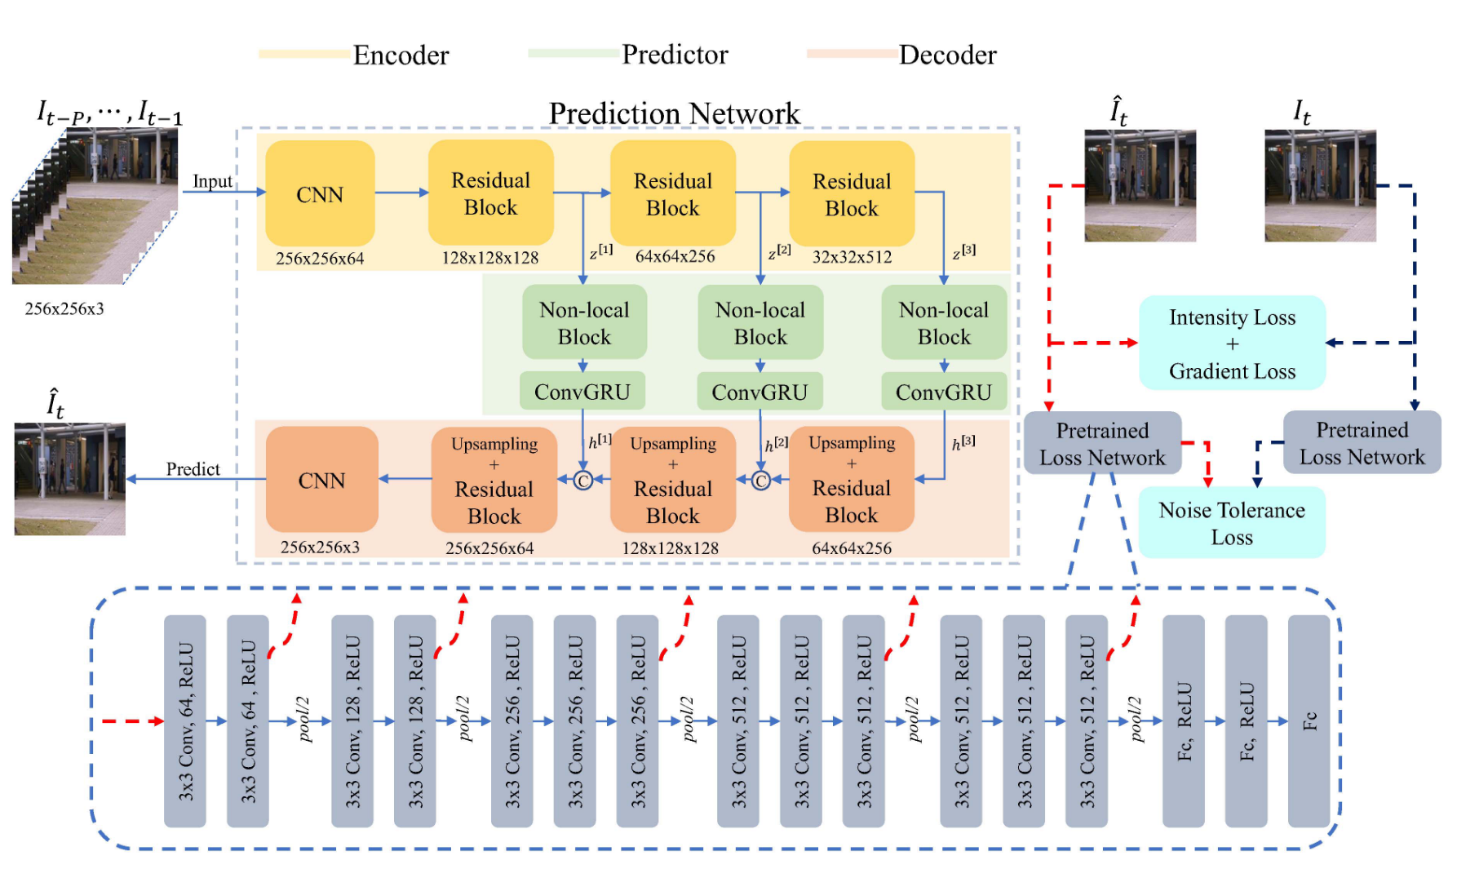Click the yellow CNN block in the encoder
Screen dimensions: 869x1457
coord(320,194)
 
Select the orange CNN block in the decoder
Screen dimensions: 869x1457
coord(321,480)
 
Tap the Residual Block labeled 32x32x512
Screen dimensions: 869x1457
coord(851,194)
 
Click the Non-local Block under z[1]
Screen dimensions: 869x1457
coord(584,323)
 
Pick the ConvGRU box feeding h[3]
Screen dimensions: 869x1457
coord(944,392)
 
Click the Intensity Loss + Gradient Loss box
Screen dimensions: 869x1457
coord(1232,344)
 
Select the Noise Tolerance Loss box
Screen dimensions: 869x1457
coord(1232,523)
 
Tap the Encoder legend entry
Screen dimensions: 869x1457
coord(400,55)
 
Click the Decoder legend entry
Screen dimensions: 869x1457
coord(946,55)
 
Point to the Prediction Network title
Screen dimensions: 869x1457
coord(674,113)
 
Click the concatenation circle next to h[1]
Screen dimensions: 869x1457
coord(583,481)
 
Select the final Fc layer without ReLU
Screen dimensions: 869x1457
coord(1309,721)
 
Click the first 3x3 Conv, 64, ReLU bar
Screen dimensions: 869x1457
coord(185,721)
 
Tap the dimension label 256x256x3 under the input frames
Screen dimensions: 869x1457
coord(64,308)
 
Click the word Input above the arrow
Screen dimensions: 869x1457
coord(212,181)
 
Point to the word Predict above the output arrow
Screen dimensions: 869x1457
coord(193,468)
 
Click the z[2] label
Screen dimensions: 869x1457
coord(780,252)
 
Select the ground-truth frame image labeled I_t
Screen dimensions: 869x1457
coord(1320,186)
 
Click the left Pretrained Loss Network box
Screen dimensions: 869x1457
coord(1102,444)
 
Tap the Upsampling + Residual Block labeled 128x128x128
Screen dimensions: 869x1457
coord(672,480)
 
